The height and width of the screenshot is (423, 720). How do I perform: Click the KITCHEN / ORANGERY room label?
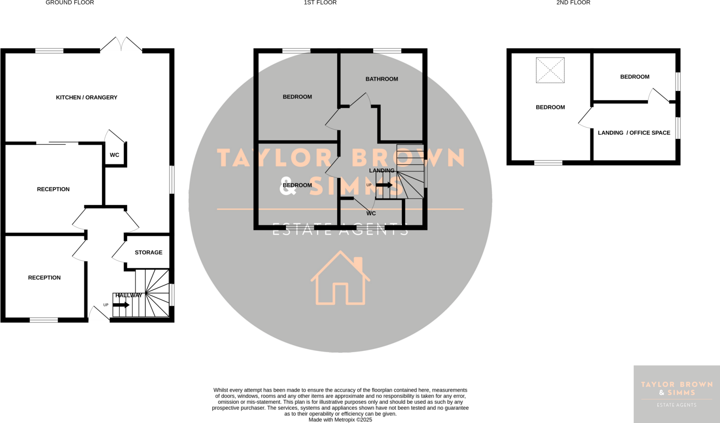[86, 97]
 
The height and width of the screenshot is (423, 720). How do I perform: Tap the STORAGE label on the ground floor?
[148, 252]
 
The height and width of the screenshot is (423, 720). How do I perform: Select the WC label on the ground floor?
[114, 155]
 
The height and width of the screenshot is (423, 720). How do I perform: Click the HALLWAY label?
[129, 295]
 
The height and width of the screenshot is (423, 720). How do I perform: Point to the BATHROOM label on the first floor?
[381, 79]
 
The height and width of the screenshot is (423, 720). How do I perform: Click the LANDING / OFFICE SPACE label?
[634, 133]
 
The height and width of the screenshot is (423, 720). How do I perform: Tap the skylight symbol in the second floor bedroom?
[550, 70]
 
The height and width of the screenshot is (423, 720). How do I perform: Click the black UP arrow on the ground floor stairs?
[121, 305]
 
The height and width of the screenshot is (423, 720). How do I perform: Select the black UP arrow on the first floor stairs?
[384, 185]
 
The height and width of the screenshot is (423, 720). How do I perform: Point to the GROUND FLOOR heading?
[70, 3]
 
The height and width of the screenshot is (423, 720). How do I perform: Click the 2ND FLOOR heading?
[573, 3]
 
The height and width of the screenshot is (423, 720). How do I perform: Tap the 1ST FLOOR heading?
[320, 3]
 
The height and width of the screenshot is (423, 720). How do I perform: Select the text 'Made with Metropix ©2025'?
[340, 419]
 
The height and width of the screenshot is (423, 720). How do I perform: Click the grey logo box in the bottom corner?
[676, 394]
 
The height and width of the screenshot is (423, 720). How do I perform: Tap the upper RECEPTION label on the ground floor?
[53, 189]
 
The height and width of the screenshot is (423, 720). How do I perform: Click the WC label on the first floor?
[371, 213]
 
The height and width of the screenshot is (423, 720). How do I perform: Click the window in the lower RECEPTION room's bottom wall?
[44, 320]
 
